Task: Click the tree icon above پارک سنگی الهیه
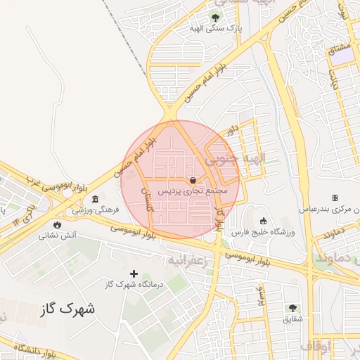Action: coord(215,16)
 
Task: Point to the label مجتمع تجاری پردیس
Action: coord(193,190)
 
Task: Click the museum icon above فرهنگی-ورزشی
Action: coord(95,199)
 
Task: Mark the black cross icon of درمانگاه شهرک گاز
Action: coord(134,273)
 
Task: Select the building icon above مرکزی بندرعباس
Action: coord(335,198)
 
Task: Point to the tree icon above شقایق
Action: coord(292,307)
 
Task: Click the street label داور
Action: coord(231,129)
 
